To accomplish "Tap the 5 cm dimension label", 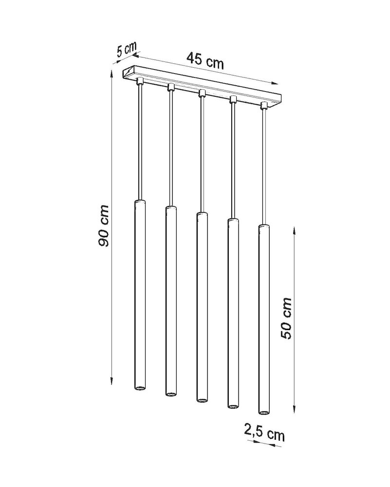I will pos(126,49).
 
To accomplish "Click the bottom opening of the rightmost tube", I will pos(263,412).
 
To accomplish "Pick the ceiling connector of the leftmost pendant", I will pos(140,80).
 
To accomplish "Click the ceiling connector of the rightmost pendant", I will pos(264,105).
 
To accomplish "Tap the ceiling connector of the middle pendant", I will pos(202,93).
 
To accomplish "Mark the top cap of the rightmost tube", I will pos(263,226).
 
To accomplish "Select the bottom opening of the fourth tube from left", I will pos(233,405).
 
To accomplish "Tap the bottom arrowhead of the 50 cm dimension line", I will pos(295,410).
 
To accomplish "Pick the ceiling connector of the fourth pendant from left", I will pos(233,99).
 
